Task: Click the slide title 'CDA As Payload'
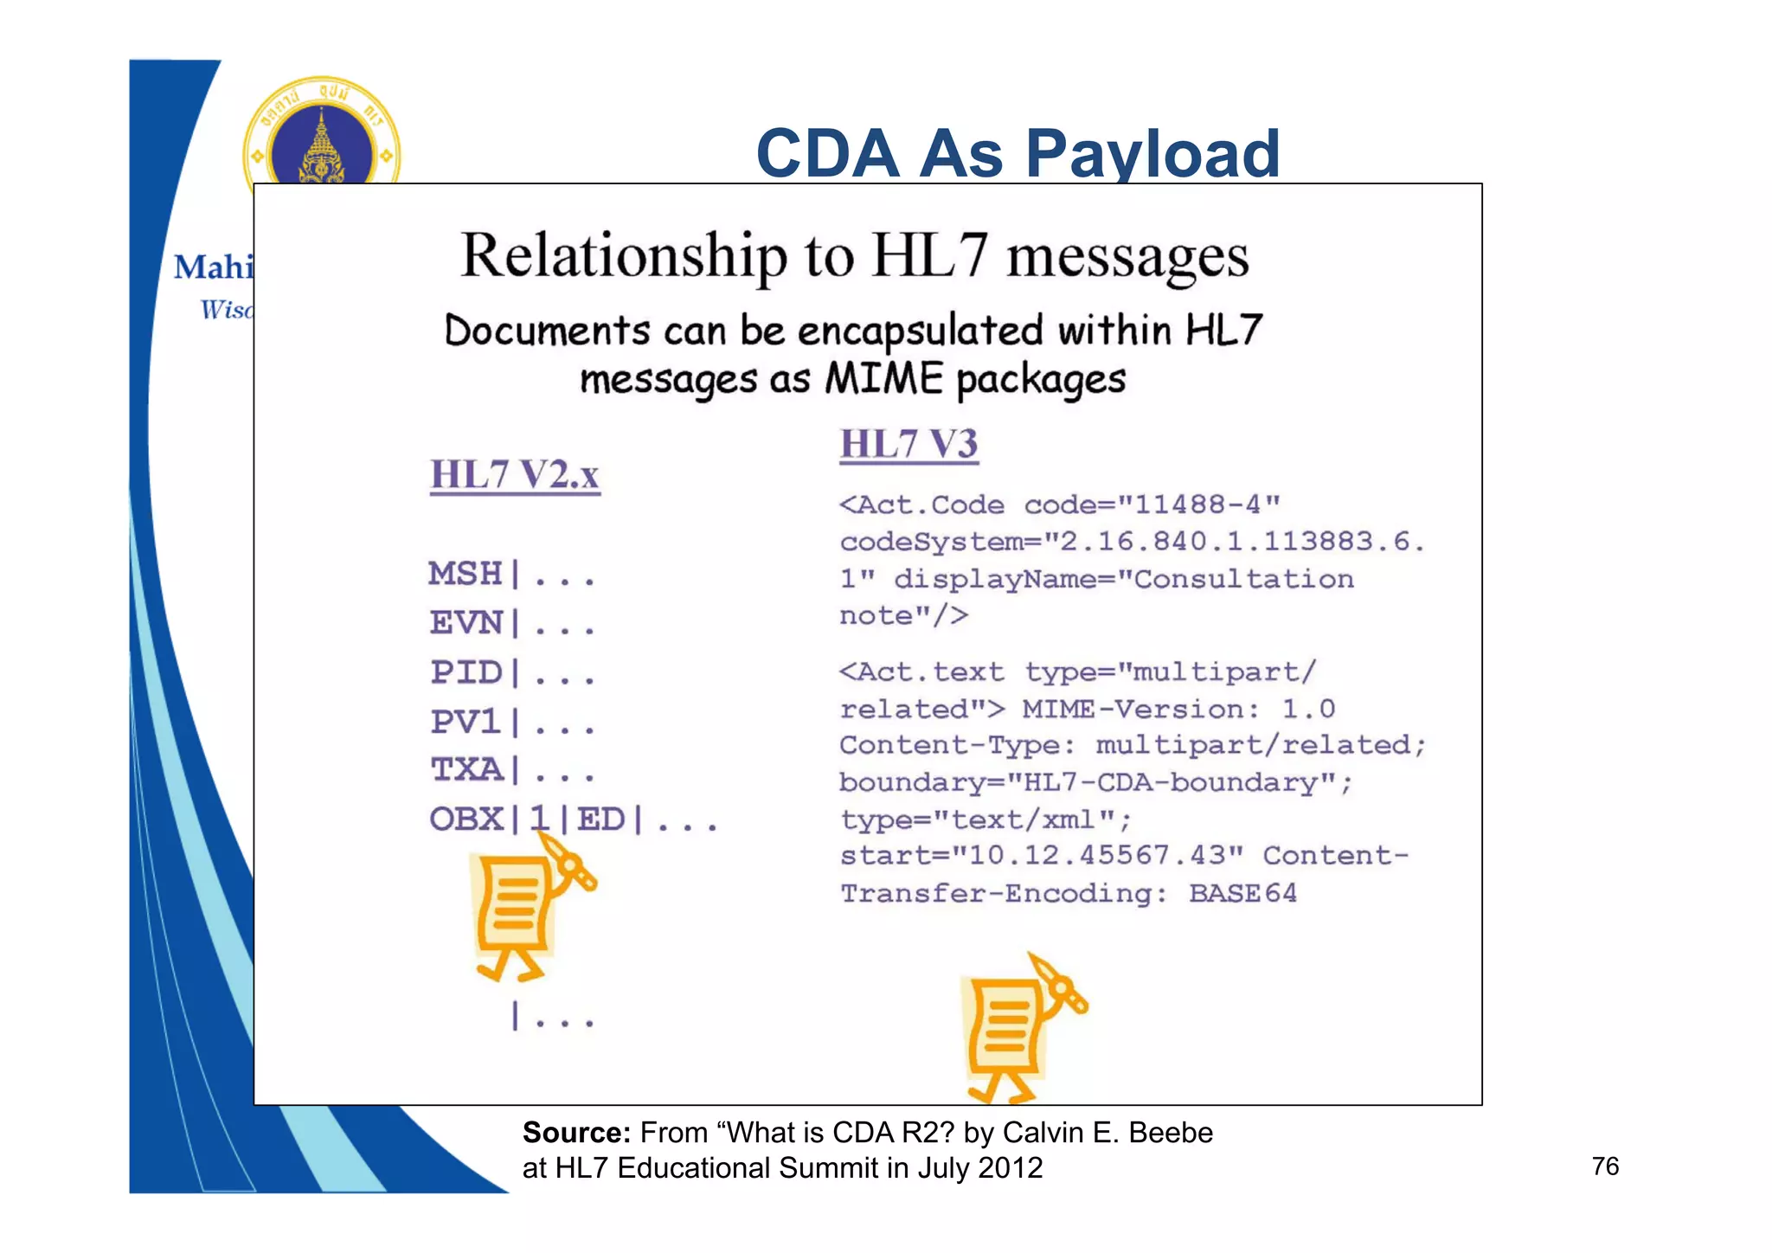pos(1018,153)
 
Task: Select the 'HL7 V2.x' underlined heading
pos(515,475)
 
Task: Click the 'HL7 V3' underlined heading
pos(908,444)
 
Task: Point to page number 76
pos(1605,1166)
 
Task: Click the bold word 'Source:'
pos(576,1133)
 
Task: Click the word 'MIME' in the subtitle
pos(883,379)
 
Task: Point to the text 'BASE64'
pos(1242,893)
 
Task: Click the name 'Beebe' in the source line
pos(1171,1133)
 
